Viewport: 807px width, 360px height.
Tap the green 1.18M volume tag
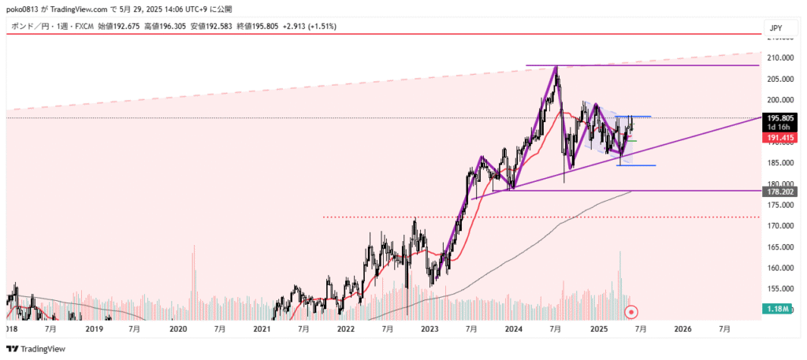pyautogui.click(x=779, y=311)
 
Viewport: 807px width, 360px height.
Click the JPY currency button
pyautogui.click(x=776, y=28)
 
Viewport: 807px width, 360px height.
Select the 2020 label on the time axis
pyautogui.click(x=178, y=328)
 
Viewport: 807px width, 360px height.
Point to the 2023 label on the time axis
pyautogui.click(x=430, y=328)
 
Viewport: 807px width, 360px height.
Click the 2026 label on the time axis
pyautogui.click(x=682, y=328)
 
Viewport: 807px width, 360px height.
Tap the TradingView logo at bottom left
pyautogui.click(x=35, y=349)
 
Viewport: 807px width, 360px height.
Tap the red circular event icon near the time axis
pyautogui.click(x=630, y=312)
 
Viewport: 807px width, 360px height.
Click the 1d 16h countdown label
pyautogui.click(x=779, y=128)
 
